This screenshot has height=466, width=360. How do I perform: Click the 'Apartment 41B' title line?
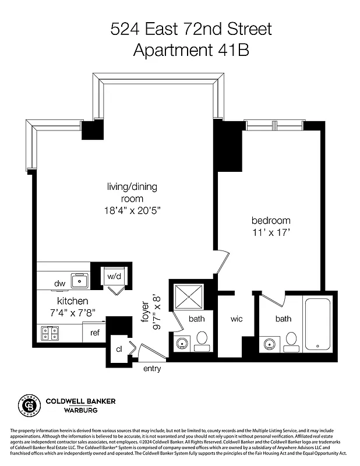pyautogui.click(x=191, y=50)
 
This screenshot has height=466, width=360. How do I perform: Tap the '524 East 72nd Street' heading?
pyautogui.click(x=191, y=29)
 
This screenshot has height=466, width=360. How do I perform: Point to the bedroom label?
pyautogui.click(x=271, y=221)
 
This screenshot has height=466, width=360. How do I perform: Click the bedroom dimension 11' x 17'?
pyautogui.click(x=271, y=232)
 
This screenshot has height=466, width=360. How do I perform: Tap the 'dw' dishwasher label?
pyautogui.click(x=59, y=284)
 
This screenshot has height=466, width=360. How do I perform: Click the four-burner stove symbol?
pyautogui.click(x=50, y=333)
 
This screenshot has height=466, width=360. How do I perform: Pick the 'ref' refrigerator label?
pyautogui.click(x=93, y=334)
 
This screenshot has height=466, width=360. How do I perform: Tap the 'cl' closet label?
pyautogui.click(x=119, y=349)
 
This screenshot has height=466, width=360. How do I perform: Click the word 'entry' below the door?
pyautogui.click(x=152, y=369)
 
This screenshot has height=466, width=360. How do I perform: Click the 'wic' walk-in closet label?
pyautogui.click(x=236, y=319)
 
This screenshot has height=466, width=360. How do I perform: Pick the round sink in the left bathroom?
pyautogui.click(x=183, y=343)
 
